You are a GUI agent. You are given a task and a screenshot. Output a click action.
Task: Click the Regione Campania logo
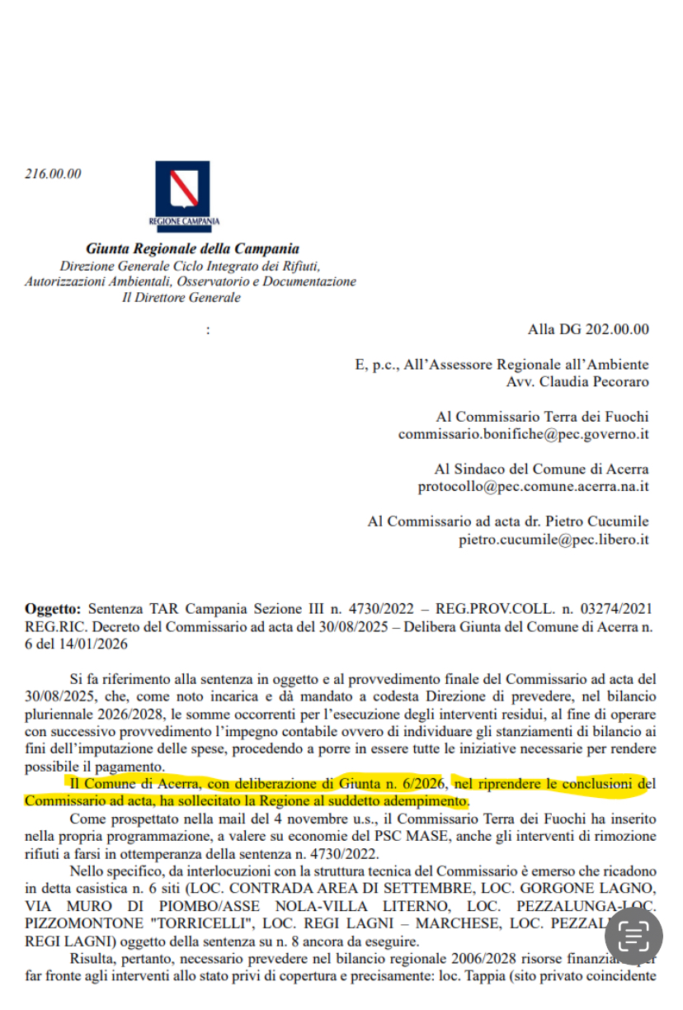182,196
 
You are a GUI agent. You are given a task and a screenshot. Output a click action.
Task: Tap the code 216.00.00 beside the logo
54,174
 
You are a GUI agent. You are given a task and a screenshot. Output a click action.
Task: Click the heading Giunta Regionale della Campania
192,248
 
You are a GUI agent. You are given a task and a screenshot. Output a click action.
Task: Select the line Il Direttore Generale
181,298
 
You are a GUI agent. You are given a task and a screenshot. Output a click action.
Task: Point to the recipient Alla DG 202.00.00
588,330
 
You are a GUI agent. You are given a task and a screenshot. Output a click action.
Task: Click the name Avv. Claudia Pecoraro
577,382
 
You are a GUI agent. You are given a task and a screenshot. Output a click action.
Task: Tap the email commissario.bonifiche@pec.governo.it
523,434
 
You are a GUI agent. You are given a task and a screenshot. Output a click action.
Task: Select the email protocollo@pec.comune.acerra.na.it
533,487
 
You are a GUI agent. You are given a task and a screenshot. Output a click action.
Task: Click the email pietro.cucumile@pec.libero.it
553,540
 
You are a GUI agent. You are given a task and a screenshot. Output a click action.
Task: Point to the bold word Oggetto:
54,609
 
